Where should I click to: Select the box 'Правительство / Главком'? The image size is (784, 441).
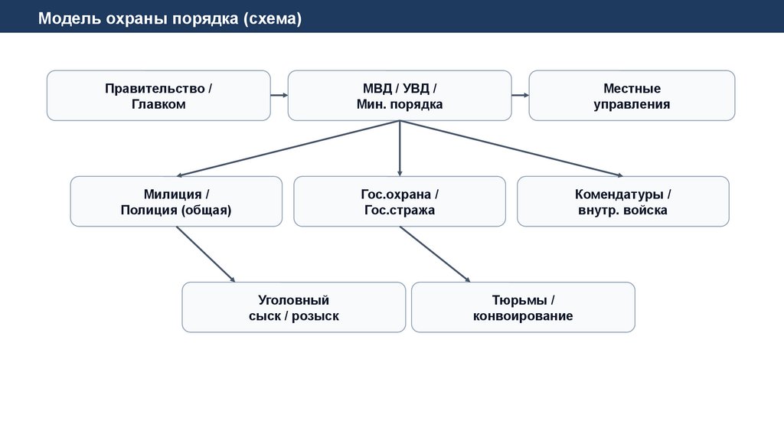click(158, 96)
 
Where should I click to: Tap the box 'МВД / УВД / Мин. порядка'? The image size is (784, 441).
click(399, 96)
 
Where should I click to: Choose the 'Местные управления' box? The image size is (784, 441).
click(632, 96)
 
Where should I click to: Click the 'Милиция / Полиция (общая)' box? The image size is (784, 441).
click(175, 201)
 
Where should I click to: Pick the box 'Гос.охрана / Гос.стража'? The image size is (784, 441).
click(399, 201)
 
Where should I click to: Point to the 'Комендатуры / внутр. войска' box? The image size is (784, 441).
click(622, 201)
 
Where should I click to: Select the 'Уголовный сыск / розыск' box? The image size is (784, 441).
click(293, 307)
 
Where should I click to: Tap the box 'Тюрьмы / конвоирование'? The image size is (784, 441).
click(523, 307)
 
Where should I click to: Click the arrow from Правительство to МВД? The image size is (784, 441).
click(279, 96)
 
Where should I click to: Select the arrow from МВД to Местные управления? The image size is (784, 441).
click(520, 96)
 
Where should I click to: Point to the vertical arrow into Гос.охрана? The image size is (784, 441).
click(400, 149)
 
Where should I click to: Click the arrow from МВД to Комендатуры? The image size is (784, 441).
click(511, 149)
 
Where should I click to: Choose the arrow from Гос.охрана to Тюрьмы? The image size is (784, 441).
click(434, 254)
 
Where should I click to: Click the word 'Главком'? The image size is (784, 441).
click(158, 104)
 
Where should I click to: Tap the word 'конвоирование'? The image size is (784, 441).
click(523, 316)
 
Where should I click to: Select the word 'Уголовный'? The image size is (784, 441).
click(293, 300)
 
